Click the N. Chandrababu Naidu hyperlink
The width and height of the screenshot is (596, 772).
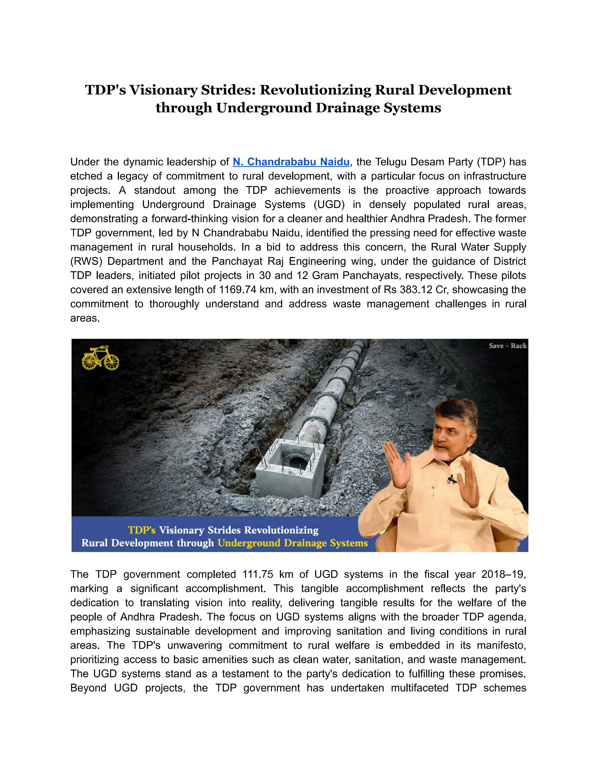tap(291, 162)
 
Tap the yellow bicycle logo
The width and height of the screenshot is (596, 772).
tap(100, 358)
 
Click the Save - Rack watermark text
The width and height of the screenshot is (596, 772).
tap(507, 346)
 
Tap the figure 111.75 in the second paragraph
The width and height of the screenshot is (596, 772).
tap(258, 574)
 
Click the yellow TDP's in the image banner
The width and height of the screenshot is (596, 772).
tap(142, 530)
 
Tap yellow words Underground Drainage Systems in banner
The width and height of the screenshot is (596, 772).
tap(292, 543)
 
